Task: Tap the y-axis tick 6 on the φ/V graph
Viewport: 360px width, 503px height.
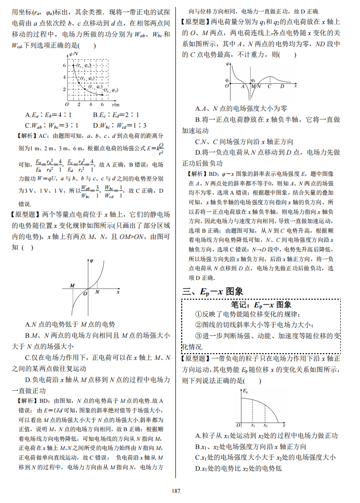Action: tap(63, 65)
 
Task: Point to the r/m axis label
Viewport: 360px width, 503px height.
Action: tap(116, 104)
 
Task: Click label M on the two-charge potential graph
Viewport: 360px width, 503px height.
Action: tap(72, 286)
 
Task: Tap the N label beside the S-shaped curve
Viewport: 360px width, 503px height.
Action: tap(97, 291)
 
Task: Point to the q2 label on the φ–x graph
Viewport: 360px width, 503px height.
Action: tap(253, 80)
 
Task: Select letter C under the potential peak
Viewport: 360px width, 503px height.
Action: tap(269, 87)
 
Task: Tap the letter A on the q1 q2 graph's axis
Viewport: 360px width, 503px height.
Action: tap(242, 87)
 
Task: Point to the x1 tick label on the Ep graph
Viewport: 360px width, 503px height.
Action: tap(253, 425)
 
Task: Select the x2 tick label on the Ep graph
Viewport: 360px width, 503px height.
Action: tap(265, 425)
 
